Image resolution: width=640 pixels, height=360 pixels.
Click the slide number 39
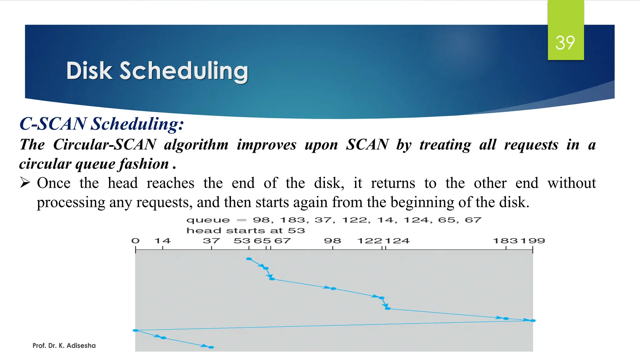click(565, 43)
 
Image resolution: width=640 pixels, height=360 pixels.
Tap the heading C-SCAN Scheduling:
click(102, 124)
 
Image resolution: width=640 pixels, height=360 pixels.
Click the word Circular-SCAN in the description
click(105, 145)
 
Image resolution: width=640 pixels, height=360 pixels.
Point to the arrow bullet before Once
click(25, 182)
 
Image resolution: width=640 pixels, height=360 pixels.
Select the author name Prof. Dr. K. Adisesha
click(64, 346)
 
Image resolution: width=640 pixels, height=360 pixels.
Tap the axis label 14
click(162, 241)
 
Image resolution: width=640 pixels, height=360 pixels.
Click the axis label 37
click(211, 241)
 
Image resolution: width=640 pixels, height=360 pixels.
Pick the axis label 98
click(332, 241)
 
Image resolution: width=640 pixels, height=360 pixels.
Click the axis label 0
click(135, 241)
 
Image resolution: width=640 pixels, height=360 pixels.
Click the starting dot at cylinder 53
click(249, 259)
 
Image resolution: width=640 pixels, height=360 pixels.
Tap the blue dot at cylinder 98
click(333, 289)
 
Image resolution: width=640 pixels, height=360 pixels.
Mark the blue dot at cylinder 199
click(533, 321)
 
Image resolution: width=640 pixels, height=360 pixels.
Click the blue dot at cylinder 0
click(136, 330)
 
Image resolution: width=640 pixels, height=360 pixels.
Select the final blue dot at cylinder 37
click(211, 347)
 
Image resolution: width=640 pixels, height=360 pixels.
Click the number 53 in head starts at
click(296, 231)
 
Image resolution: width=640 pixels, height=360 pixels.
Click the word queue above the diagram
click(208, 220)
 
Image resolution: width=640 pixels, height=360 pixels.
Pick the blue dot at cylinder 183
click(506, 318)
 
